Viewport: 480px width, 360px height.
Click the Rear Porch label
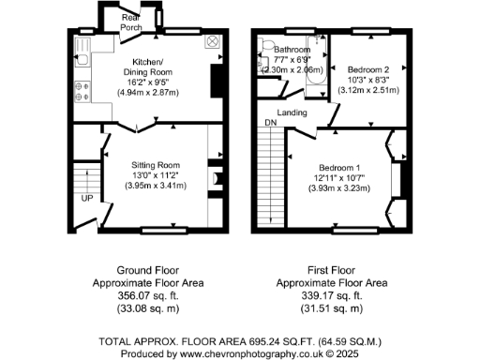pos(130,23)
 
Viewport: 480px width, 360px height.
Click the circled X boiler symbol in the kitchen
pos(213,42)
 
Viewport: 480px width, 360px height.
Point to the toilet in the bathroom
pos(270,52)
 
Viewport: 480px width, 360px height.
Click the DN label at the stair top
pos(271,123)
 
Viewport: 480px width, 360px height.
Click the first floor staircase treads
pos(271,178)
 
